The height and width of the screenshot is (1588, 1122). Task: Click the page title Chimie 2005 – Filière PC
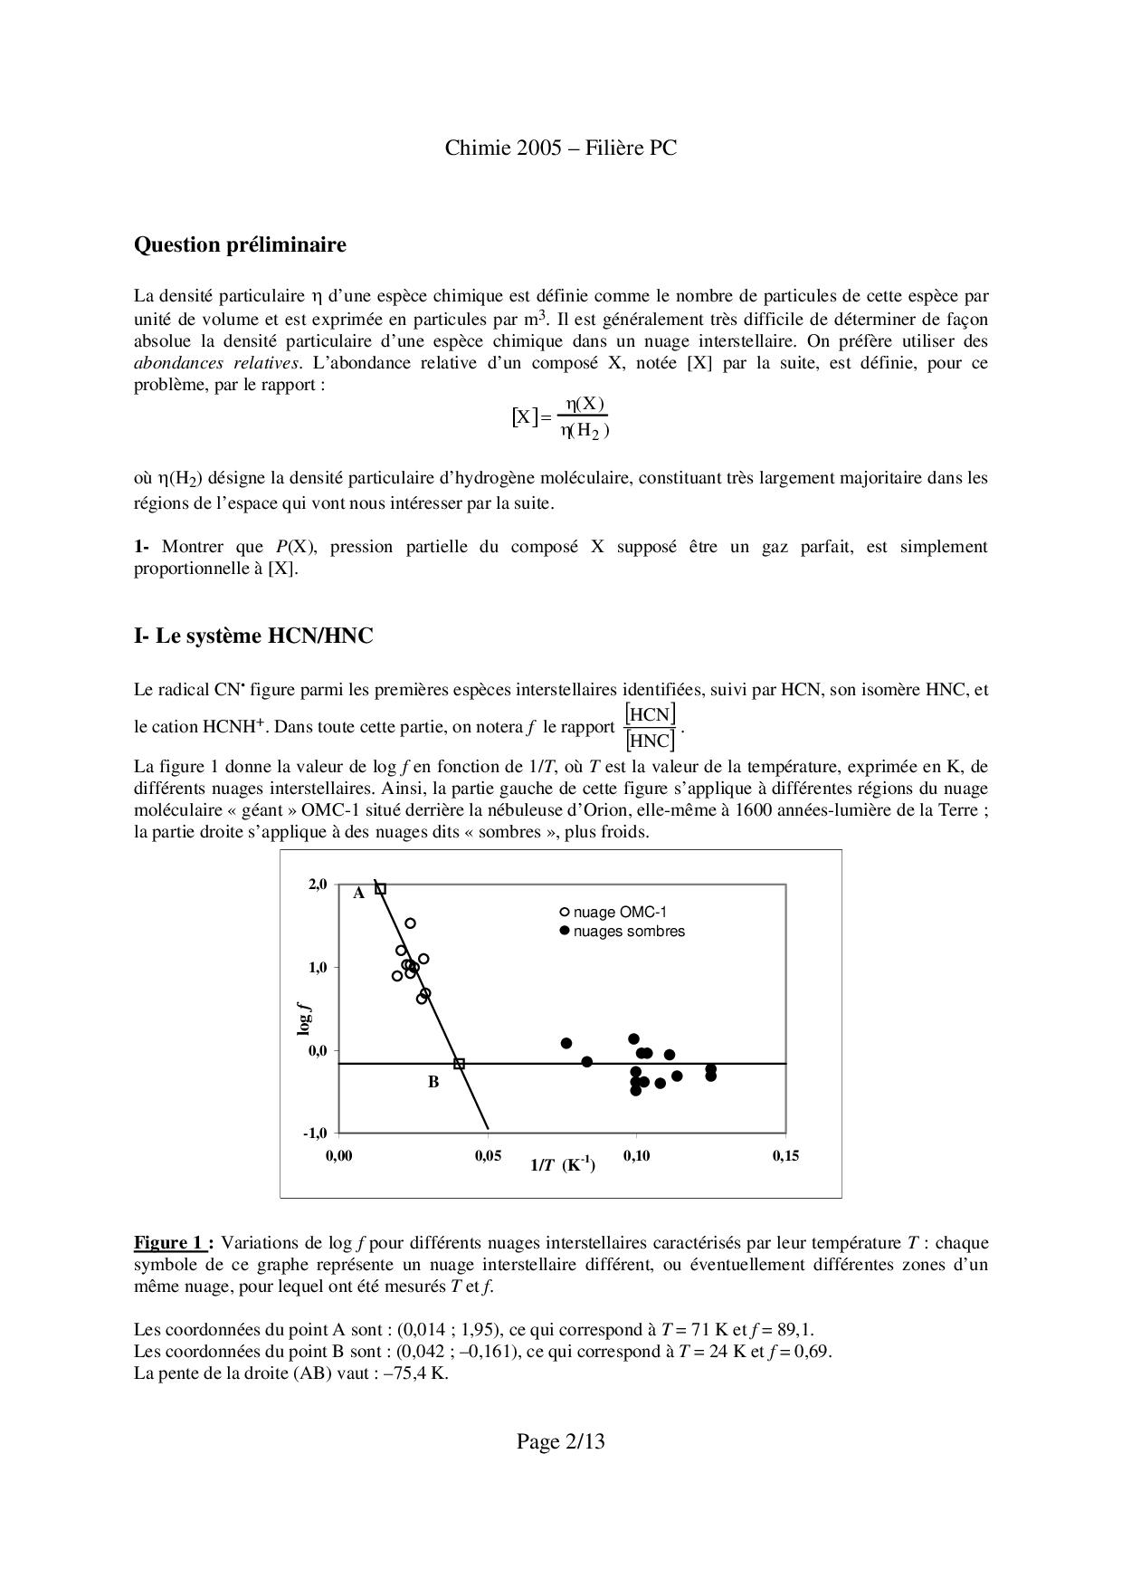560,148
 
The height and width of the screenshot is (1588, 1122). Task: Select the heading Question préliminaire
240,244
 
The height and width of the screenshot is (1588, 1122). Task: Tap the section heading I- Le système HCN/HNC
253,636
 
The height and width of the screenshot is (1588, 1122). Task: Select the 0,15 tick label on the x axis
785,1156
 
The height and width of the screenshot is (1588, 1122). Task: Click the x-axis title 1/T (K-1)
562,1165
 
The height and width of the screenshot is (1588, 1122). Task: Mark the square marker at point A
381,889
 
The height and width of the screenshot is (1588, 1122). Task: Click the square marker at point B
459,1064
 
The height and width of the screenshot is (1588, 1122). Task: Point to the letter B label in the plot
433,1082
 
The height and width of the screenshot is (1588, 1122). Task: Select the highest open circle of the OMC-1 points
410,923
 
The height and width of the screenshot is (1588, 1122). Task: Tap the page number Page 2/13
560,1442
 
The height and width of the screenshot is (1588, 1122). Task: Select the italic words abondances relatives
216,363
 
